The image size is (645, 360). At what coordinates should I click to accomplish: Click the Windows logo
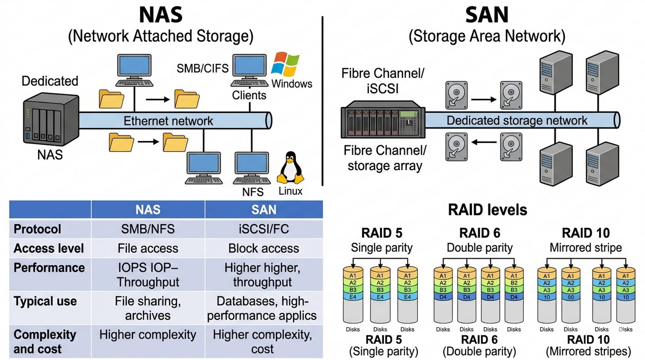(285, 64)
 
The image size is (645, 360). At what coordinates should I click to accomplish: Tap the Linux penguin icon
(290, 168)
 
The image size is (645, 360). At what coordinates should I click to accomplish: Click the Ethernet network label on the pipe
(168, 121)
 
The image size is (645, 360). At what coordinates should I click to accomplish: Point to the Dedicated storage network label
(517, 121)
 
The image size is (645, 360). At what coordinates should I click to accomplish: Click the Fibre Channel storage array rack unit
(383, 119)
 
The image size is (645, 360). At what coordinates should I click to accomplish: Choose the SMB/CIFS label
(202, 69)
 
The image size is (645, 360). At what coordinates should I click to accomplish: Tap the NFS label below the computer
(253, 192)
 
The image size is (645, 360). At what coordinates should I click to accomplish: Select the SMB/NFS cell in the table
(148, 229)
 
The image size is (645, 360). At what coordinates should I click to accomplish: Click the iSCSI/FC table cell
(264, 229)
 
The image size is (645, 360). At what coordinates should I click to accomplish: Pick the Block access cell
(264, 248)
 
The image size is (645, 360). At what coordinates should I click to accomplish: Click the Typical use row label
(45, 301)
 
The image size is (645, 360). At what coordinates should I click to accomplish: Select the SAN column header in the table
(264, 210)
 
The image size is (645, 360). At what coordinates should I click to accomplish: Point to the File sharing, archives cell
(148, 308)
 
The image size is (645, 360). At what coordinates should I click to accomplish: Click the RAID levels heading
(487, 210)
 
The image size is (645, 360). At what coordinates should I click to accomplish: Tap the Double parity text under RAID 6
(480, 248)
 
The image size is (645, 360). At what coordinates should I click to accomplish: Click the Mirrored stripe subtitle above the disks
(586, 248)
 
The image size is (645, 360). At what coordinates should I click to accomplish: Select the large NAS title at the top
(160, 15)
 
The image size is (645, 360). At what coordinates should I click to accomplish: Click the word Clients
(249, 96)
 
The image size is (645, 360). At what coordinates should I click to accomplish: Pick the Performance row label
(49, 268)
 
